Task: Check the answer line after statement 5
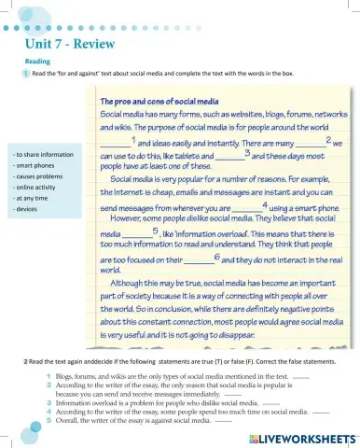pos(223,421)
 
